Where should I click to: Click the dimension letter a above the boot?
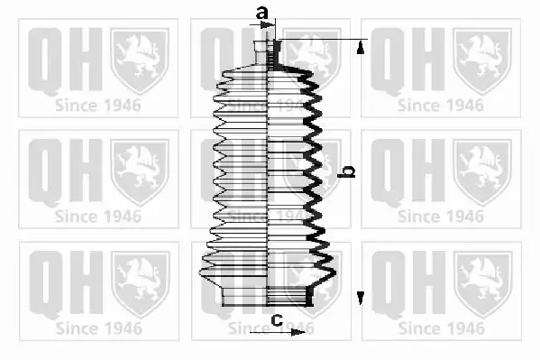[261, 14]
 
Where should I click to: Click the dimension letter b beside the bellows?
[346, 171]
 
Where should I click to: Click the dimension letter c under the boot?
[277, 319]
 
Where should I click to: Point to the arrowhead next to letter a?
[267, 25]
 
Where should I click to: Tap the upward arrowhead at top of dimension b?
[361, 48]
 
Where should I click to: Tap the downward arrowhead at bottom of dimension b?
[361, 298]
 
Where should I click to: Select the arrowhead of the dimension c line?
[297, 332]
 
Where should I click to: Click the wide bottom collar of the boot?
[267, 296]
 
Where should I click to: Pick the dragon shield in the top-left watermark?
[140, 60]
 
